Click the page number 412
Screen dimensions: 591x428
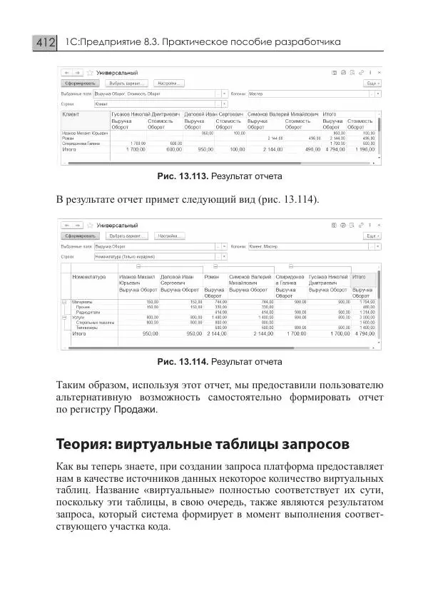click(44, 43)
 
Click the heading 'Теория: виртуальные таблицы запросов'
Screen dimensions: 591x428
click(203, 444)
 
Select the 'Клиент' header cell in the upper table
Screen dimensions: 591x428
click(72, 114)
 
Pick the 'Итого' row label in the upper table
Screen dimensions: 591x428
click(70, 150)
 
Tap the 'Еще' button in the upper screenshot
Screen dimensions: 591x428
click(371, 84)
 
